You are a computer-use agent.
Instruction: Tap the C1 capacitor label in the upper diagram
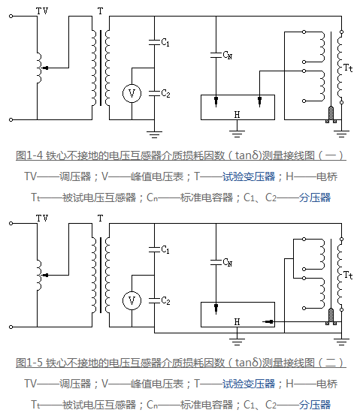[165, 42]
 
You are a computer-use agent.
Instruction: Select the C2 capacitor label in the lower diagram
[165, 301]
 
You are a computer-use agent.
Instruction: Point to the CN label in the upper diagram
[227, 55]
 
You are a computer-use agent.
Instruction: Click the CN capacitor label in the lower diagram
[227, 262]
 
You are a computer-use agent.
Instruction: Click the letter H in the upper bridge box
[237, 115]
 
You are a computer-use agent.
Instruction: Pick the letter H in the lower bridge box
[237, 321]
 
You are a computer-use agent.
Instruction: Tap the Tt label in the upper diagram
[348, 68]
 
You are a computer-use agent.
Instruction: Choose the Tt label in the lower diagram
[348, 275]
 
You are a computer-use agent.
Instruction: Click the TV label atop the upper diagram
[42, 11]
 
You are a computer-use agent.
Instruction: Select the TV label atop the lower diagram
[42, 218]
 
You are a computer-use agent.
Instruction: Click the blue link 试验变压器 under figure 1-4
[249, 176]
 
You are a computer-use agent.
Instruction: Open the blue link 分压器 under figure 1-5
[315, 405]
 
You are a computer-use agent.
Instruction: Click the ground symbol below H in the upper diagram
[237, 134]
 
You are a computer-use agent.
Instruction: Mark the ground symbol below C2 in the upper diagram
[154, 134]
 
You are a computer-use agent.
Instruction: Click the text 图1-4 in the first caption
[29, 155]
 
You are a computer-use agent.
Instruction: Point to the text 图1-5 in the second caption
[29, 363]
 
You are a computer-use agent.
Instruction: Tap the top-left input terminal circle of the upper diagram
[11, 16]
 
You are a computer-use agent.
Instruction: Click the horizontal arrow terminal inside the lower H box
[268, 321]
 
